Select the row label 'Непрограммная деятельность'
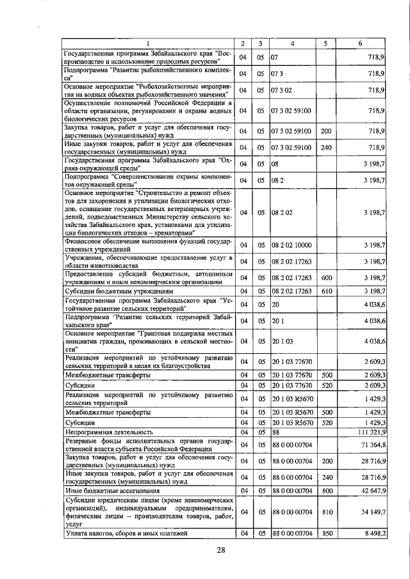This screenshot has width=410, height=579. point(104,432)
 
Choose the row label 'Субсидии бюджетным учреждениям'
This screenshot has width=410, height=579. point(113,292)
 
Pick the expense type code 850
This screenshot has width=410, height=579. point(325,532)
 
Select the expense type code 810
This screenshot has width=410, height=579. point(325,512)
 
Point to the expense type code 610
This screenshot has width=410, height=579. point(325,292)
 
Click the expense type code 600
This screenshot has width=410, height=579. point(325,278)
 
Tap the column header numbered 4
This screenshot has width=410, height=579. point(292,44)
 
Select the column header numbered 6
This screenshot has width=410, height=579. point(361,44)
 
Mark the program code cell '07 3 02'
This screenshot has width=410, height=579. point(281,91)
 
